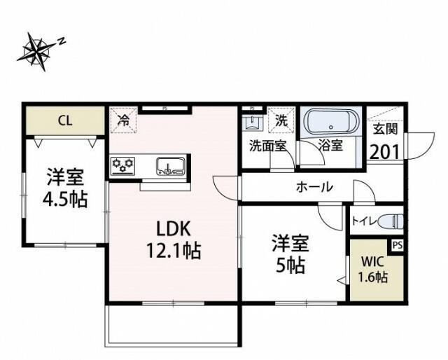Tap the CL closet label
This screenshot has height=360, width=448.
(x=64, y=120)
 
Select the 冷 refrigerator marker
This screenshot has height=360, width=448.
(x=123, y=120)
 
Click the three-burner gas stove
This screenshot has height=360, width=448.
(x=123, y=167)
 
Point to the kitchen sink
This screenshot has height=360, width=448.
(x=170, y=167)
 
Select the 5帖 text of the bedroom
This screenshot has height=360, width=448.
(x=289, y=267)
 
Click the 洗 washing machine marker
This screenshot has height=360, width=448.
(x=281, y=120)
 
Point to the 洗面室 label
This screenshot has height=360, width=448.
(x=268, y=147)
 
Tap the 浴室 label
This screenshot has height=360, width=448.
(x=330, y=147)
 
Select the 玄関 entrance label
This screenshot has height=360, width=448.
(x=384, y=130)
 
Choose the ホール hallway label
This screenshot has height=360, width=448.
(x=315, y=188)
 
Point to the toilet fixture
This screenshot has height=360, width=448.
(x=393, y=221)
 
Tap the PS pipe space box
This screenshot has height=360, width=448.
(x=397, y=245)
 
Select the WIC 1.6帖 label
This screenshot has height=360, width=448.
(x=374, y=269)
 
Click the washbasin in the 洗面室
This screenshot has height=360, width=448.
(x=251, y=123)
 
